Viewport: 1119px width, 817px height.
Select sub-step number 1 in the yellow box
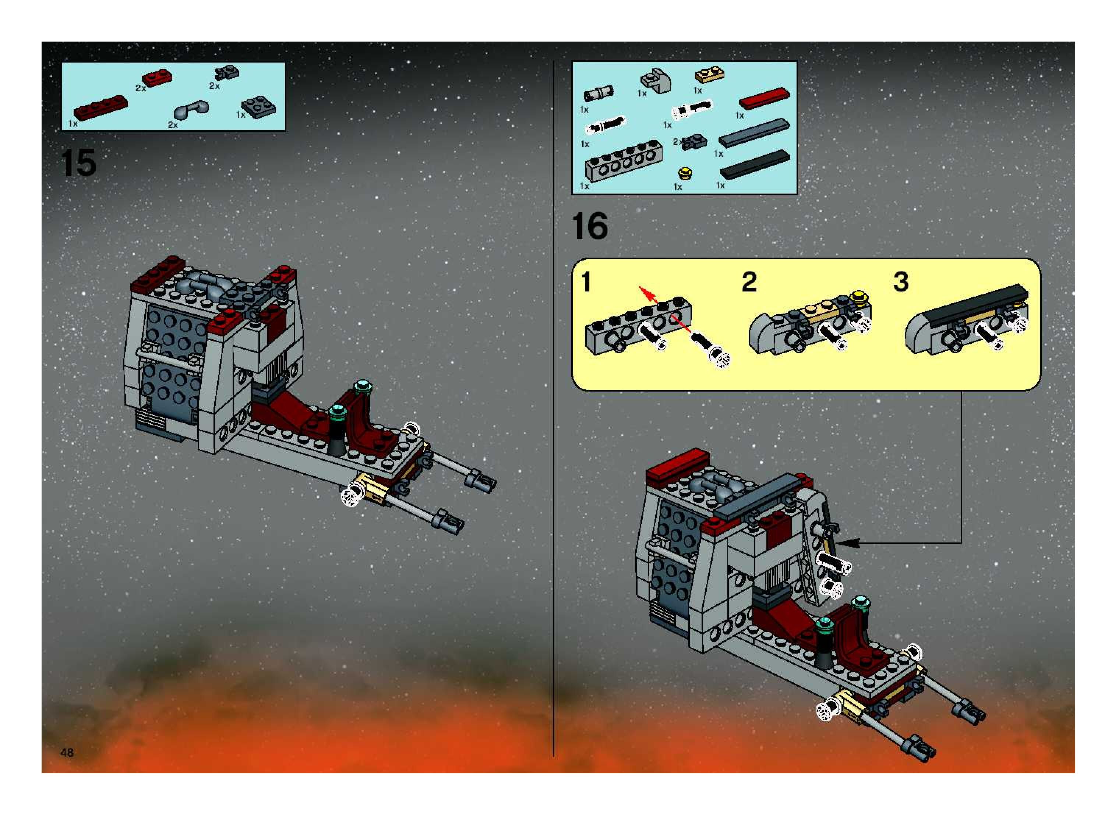(x=586, y=282)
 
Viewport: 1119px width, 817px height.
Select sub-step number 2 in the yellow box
(x=749, y=282)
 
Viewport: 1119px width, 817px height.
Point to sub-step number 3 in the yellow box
(x=900, y=282)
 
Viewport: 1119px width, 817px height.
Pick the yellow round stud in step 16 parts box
(x=685, y=173)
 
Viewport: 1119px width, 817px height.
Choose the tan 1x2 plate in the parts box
(x=710, y=75)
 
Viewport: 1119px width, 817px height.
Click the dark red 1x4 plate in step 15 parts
(x=100, y=107)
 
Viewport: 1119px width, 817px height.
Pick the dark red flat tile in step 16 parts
(x=764, y=98)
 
